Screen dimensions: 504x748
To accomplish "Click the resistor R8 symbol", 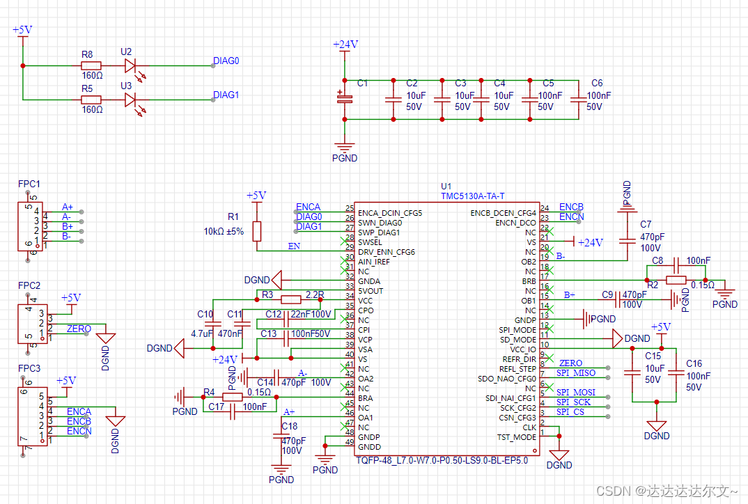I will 91,65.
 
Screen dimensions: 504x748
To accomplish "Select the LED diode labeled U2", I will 130,65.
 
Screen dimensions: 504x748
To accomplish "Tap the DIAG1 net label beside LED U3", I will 226,95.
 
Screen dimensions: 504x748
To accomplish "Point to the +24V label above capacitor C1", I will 345,45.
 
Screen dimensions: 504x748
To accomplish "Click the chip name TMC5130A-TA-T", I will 472,196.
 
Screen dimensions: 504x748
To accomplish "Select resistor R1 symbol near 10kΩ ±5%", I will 257,231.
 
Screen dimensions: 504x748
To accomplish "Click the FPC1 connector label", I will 29,184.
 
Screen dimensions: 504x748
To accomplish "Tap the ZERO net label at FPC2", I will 79,329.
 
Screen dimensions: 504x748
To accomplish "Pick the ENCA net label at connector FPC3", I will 79,411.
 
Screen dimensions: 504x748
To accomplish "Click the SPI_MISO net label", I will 576,373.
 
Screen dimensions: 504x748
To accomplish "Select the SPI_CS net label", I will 570,412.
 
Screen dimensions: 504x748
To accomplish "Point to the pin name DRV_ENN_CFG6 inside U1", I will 386,251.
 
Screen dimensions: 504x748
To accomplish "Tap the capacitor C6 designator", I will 597,83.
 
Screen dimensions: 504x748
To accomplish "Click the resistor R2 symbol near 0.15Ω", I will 676,280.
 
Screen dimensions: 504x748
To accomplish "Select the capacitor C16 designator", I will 694,363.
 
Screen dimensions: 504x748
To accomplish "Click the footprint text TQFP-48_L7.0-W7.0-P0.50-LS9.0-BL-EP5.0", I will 442,460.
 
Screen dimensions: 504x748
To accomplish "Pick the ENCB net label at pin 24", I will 571,207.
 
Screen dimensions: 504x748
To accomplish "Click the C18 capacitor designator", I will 289,426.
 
